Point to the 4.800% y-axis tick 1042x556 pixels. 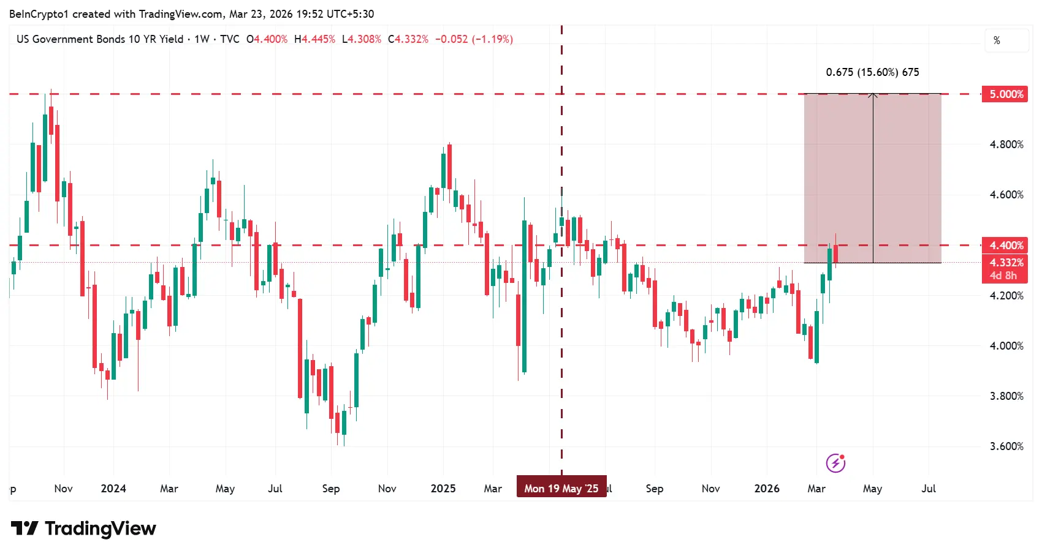click(x=1006, y=145)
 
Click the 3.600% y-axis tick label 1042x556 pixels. click(x=1006, y=446)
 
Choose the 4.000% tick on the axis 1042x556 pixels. click(x=1006, y=346)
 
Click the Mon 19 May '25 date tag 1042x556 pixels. click(x=561, y=488)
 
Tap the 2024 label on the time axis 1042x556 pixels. click(x=113, y=489)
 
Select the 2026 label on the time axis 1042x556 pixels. click(x=767, y=489)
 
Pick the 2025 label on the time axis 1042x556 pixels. click(x=443, y=489)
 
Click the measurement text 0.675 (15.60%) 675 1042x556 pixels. click(x=872, y=72)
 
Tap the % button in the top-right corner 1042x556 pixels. click(x=997, y=40)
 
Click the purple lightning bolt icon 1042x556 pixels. click(x=835, y=464)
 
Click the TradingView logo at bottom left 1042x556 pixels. click(x=84, y=528)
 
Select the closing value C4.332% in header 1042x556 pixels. click(x=408, y=39)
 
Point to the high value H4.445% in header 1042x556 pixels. click(x=314, y=39)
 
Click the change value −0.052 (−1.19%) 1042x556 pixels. click(x=474, y=39)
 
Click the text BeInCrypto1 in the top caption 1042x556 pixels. click(x=39, y=13)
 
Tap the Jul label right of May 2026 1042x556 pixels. click(x=929, y=489)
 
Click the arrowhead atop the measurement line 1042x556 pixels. click(x=873, y=95)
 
